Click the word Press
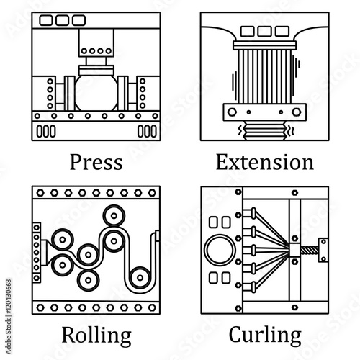pos(96,162)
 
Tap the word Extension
pos(265,162)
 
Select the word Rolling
pos(96,336)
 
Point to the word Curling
pos(265,336)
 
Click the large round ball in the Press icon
pos(96,93)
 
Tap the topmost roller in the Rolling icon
pos(114,215)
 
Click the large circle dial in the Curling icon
pos(220,250)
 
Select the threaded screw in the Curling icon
pos(309,251)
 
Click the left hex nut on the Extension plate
pos(232,112)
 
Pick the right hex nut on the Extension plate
pos(296,112)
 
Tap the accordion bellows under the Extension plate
pos(265,130)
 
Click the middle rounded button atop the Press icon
pos(63,20)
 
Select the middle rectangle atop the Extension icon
pos(264,32)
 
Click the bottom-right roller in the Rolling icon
pos(140,278)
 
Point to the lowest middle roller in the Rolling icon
pos(89,280)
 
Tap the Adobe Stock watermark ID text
pos(9,316)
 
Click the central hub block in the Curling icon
pos(294,251)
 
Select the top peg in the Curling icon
pos(250,213)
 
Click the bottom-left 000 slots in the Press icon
pos(46,131)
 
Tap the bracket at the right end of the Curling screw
pos(323,250)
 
